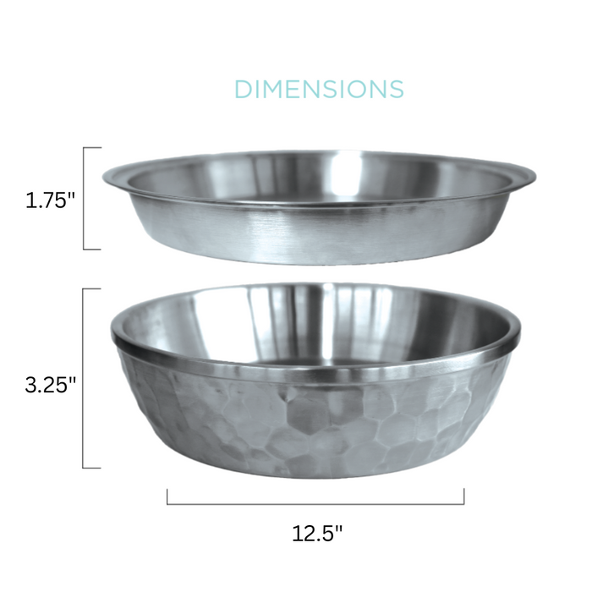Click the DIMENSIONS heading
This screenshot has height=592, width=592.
(x=319, y=89)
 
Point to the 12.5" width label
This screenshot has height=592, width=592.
(x=317, y=534)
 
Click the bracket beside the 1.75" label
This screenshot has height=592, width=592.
(x=85, y=199)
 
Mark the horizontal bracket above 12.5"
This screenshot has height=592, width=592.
(x=315, y=504)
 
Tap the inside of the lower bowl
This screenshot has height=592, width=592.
(x=315, y=326)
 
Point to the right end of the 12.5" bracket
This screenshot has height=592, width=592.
(x=463, y=497)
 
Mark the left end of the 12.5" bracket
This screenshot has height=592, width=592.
(x=167, y=497)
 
